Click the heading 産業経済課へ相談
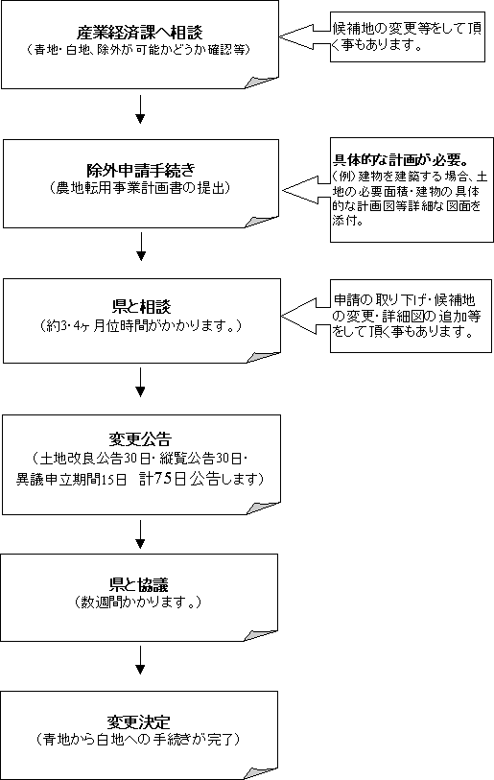(140, 33)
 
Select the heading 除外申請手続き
(141, 171)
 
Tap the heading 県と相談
(141, 306)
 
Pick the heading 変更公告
(140, 438)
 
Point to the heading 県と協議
(139, 584)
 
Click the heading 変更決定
(139, 721)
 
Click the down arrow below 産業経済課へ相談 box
(140, 109)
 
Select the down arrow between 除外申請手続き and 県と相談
(141, 247)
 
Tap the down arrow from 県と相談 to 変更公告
(140, 382)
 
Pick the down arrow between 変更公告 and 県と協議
(140, 534)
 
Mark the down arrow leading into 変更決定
(140, 660)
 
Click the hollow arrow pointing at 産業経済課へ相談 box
(304, 36)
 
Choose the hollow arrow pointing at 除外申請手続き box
(307, 190)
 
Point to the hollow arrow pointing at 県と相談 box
(306, 316)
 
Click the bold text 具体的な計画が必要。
(401, 160)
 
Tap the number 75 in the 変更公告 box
(164, 478)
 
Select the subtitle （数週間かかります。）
(138, 603)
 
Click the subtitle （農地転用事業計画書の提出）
(141, 188)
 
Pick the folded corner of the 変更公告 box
(264, 508)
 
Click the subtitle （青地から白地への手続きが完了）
(139, 740)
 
